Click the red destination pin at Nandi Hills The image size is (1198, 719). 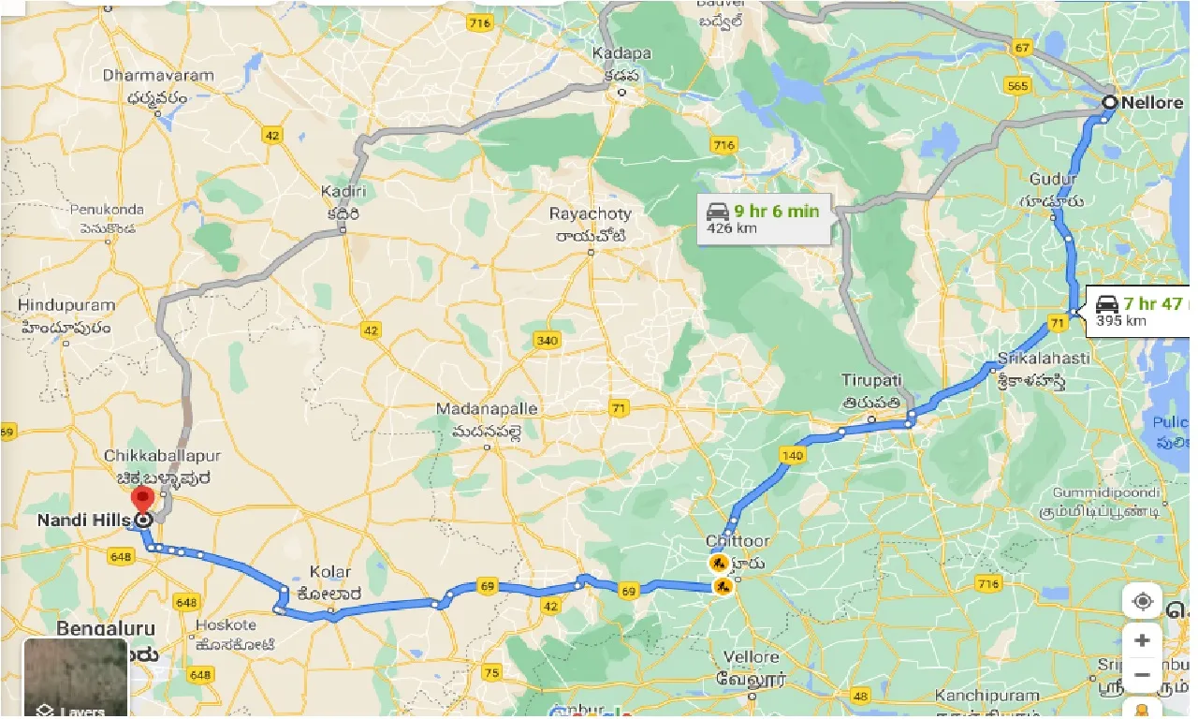(142, 498)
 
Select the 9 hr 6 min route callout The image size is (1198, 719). (763, 219)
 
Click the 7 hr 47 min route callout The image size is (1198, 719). (1137, 311)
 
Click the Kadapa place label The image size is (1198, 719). (621, 53)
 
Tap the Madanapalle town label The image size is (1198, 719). (487, 410)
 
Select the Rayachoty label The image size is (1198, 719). (591, 213)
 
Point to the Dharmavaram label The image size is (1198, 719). (158, 75)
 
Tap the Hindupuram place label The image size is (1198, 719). (66, 305)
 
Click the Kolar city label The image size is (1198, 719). (330, 571)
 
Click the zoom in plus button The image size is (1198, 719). (1142, 641)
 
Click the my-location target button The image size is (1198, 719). (1142, 601)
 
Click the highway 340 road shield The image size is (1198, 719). (547, 340)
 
